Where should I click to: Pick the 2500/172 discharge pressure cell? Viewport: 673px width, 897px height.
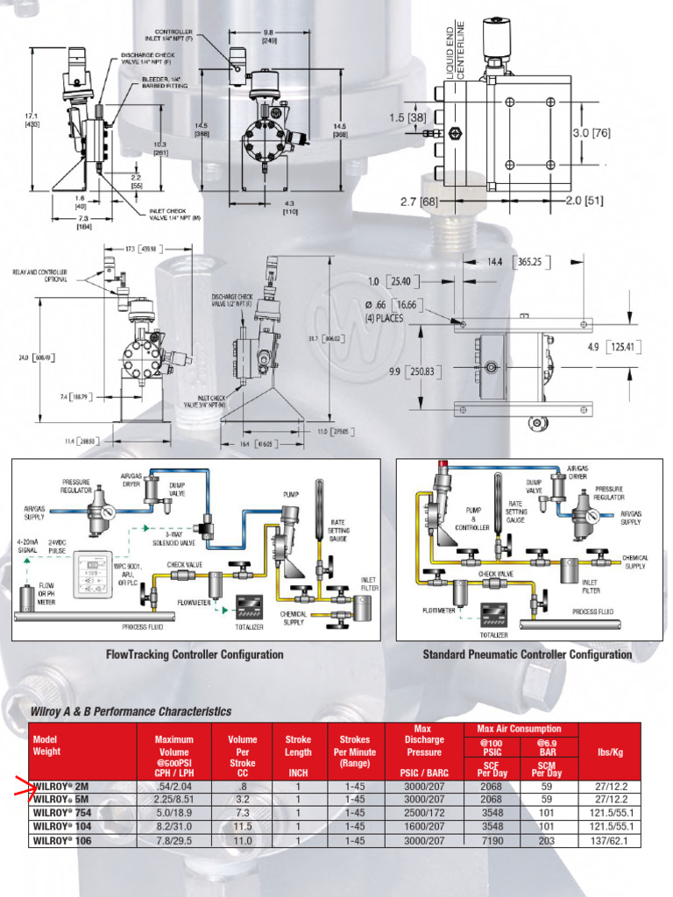coord(424,813)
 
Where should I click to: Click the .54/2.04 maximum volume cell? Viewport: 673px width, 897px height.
coord(174,786)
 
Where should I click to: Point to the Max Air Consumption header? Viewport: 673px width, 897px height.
coord(519,729)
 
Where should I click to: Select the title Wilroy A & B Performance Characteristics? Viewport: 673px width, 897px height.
coord(131,711)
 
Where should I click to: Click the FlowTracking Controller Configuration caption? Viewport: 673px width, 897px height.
coord(195,654)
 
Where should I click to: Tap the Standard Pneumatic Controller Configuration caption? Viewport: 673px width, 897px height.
coord(527,654)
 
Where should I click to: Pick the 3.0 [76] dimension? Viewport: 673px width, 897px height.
coord(591,133)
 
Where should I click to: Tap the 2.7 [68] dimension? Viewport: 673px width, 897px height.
coord(419,201)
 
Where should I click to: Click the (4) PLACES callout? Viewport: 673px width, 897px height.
coord(384,318)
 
